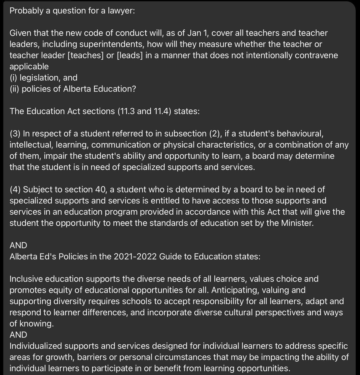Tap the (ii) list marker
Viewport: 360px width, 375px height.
14,89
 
